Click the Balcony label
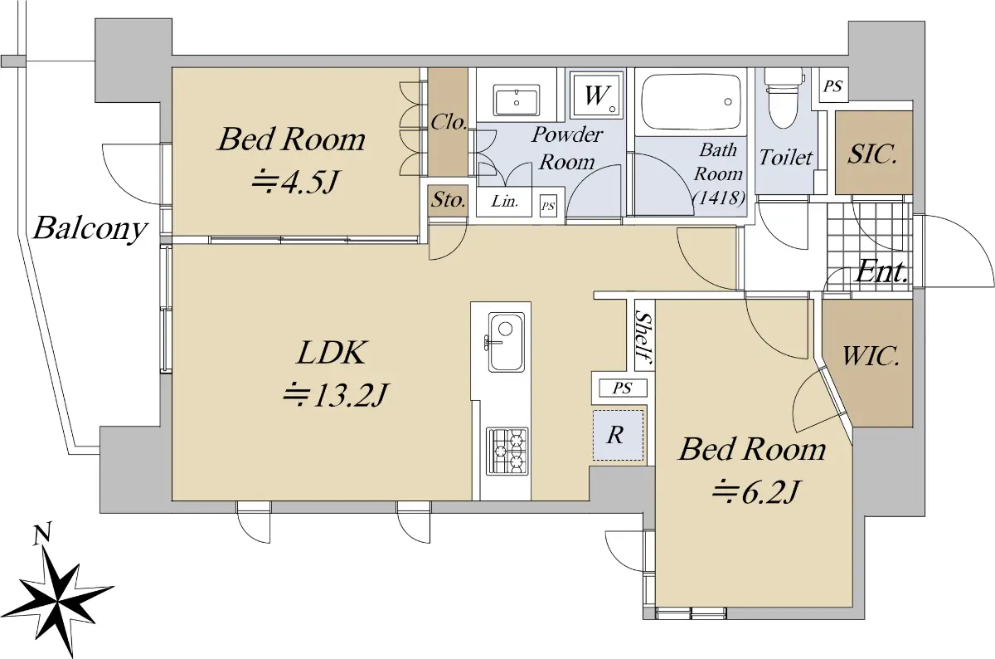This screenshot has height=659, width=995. coord(90,229)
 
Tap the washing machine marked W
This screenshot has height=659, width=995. coord(595,95)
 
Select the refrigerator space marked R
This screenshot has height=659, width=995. coord(618,435)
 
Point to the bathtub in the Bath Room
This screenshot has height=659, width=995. coord(691,101)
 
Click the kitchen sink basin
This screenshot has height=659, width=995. coord(506,342)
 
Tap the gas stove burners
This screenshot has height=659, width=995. coord(507,451)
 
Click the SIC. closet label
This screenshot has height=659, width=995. coord(872,154)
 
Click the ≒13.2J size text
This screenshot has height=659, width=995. coord(336,395)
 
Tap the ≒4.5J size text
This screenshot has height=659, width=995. coord(295,183)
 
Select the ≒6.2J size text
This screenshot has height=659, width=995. coord(755,492)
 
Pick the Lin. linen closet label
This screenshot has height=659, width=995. coord(505,202)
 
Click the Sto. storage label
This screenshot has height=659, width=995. coord(449,200)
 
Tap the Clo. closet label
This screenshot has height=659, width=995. coord(449,121)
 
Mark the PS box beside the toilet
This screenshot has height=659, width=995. coord(832,85)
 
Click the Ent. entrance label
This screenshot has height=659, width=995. coord(881,271)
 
